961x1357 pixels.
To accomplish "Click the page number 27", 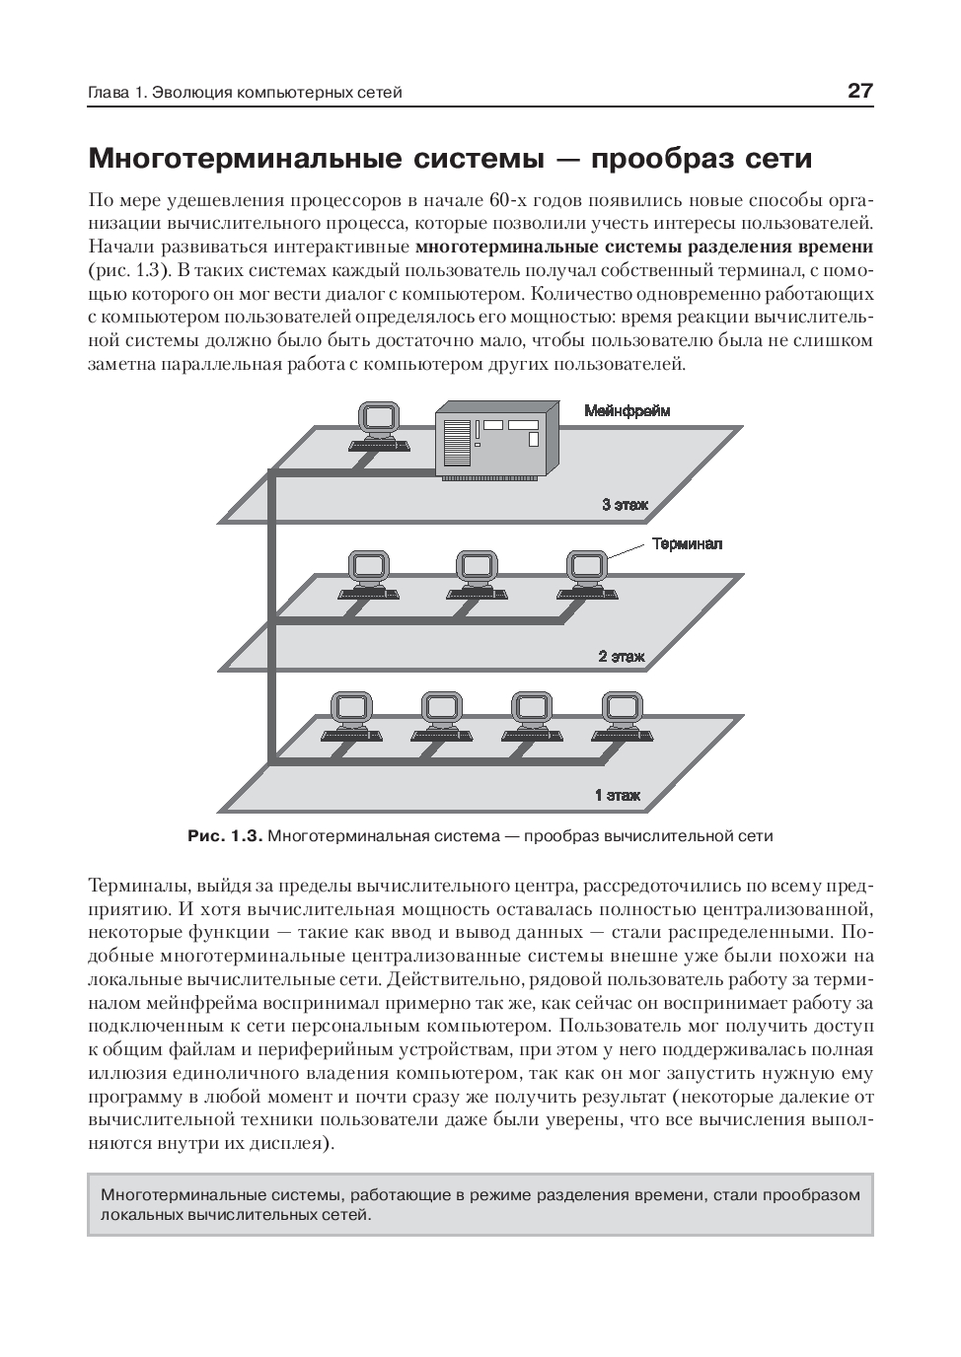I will click(x=859, y=92).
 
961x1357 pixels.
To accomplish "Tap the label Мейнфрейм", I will click(x=628, y=411).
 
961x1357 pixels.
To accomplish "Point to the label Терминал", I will click(x=687, y=543).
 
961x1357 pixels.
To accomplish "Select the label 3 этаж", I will click(x=626, y=505).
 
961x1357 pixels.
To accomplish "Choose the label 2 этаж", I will click(x=621, y=656).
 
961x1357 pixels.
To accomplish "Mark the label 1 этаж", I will click(x=617, y=795).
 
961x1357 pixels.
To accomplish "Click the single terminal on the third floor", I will click(x=379, y=426).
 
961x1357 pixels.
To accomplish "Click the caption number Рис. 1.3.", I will click(x=224, y=836).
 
